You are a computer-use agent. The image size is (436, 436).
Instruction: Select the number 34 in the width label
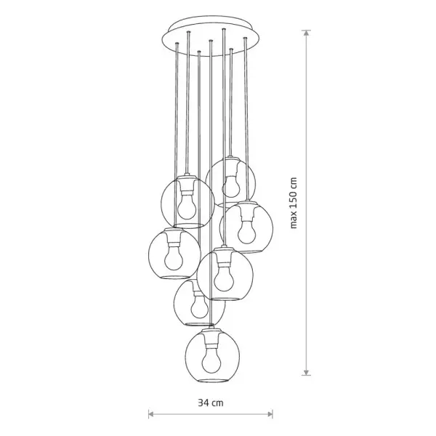(x=203, y=403)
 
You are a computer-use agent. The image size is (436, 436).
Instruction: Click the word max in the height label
(x=294, y=220)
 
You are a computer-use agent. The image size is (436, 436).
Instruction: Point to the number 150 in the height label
(x=294, y=199)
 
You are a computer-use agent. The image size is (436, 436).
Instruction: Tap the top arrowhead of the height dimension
(x=306, y=33)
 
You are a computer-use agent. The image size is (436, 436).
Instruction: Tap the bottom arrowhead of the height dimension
(x=306, y=372)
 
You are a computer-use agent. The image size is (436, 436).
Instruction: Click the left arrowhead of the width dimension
(x=151, y=414)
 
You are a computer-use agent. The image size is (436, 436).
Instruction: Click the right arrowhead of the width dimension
(x=270, y=414)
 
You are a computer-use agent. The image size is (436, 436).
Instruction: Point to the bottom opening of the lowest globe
(x=212, y=380)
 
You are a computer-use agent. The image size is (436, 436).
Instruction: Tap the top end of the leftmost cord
(x=177, y=44)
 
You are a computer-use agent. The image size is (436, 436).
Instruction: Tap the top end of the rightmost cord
(x=246, y=38)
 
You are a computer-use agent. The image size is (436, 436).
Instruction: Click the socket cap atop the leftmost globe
(x=174, y=230)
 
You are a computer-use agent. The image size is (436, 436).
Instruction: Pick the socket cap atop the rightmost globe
(x=247, y=203)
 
